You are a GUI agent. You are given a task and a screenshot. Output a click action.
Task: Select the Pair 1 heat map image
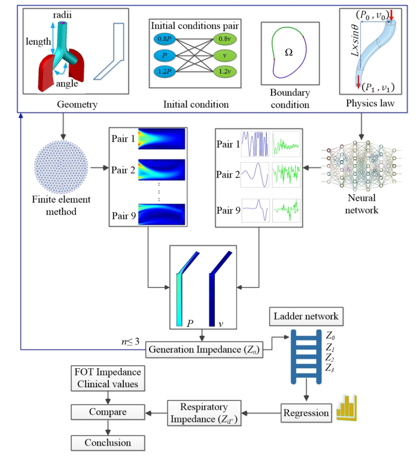162,139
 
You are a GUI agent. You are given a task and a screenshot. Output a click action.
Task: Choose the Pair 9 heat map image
162,213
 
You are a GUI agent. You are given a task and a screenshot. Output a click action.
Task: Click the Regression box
306,412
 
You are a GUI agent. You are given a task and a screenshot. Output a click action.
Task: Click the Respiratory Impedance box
205,412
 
